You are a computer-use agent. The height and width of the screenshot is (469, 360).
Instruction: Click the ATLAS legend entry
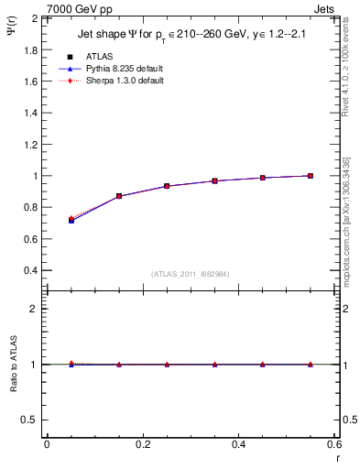tap(101, 56)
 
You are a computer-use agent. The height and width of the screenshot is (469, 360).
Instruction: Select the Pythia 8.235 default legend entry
tap(125, 69)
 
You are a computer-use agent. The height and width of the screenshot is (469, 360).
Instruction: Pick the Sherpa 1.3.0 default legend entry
tap(125, 81)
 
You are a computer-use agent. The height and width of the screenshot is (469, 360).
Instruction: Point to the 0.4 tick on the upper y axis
tap(31, 270)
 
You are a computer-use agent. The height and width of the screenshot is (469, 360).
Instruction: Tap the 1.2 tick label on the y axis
tap(31, 144)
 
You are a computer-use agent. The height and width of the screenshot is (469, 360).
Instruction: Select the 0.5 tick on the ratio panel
tap(31, 420)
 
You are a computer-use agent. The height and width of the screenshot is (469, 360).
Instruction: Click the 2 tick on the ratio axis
tap(35, 309)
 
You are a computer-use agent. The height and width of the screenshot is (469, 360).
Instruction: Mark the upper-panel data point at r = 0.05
tap(71, 220)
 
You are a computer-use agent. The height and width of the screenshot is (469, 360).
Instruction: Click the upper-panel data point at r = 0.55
tap(311, 176)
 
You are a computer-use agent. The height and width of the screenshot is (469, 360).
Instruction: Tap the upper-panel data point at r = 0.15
tap(119, 196)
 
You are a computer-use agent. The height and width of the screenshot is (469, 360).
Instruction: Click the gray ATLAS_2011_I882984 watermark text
tap(191, 274)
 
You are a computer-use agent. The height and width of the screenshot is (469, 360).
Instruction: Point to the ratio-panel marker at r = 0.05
tap(71, 364)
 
